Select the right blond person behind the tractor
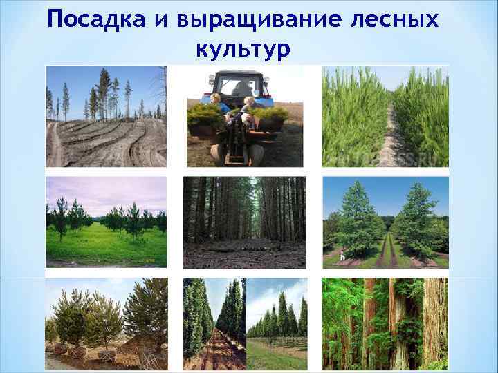248,106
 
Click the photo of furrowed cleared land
106,117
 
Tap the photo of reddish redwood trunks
385,323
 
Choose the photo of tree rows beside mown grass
276,323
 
